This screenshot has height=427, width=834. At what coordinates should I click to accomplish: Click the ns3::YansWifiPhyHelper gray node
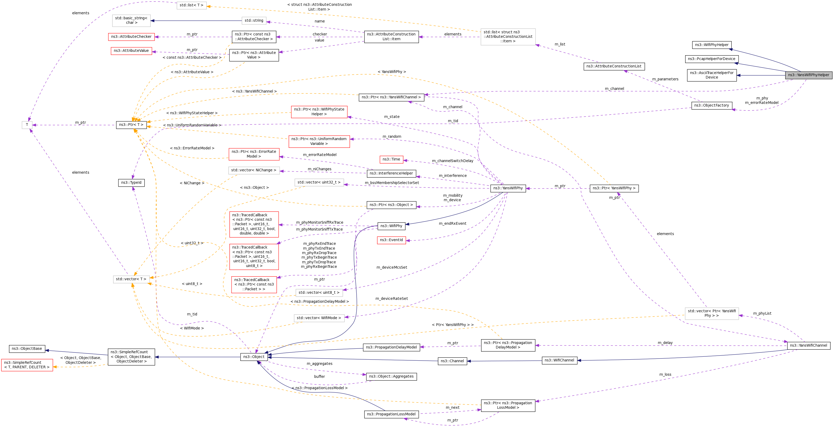[x=808, y=75]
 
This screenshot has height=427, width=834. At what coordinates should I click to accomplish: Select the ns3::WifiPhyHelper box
[x=711, y=45]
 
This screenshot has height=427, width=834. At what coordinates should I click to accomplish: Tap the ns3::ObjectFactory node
[x=711, y=105]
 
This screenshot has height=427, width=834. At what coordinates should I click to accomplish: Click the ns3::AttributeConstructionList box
[x=614, y=66]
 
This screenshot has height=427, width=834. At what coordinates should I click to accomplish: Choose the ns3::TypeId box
[x=131, y=183]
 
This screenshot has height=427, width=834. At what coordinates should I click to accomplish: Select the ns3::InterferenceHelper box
[x=391, y=173]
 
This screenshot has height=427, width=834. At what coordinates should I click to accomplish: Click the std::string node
[x=254, y=21]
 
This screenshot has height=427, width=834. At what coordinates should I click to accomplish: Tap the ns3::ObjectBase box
[x=27, y=349]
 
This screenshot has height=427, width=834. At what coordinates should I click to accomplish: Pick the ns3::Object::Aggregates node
[x=391, y=377]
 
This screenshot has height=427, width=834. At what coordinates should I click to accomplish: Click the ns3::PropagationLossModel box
[x=391, y=414]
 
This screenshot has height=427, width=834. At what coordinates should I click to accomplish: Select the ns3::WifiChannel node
[x=559, y=360]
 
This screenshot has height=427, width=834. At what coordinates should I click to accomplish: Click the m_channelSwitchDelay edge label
[x=452, y=161]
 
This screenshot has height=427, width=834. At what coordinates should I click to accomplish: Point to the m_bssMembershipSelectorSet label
[x=392, y=183]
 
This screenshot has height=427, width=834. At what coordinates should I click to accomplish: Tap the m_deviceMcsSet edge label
[x=392, y=267]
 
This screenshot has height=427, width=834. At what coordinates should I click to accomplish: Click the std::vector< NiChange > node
[x=254, y=170]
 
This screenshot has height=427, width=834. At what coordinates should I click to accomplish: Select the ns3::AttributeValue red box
[x=131, y=51]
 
